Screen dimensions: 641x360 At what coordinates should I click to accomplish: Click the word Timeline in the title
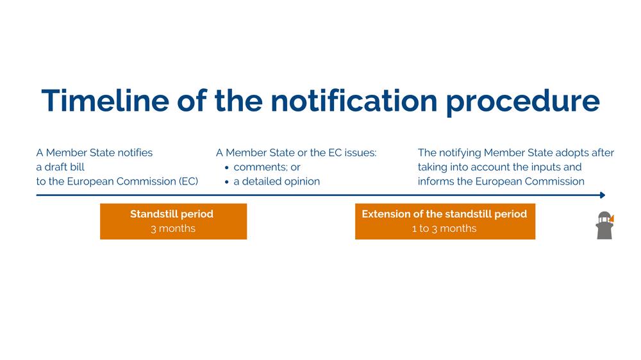(x=105, y=101)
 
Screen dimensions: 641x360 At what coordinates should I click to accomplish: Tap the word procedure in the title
(x=523, y=102)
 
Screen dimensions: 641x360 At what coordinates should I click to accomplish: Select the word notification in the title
(x=354, y=101)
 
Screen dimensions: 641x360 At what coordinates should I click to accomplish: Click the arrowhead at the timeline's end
(x=603, y=195)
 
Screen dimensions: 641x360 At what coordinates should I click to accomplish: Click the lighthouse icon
(x=604, y=225)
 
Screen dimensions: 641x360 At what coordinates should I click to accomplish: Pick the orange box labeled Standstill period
(x=173, y=221)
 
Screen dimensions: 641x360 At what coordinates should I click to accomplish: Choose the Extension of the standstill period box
(x=445, y=221)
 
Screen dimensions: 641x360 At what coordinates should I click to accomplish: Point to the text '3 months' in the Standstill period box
(x=173, y=229)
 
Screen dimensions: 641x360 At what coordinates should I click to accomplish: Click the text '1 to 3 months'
(x=444, y=229)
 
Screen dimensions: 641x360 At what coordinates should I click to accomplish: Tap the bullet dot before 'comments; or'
(x=227, y=168)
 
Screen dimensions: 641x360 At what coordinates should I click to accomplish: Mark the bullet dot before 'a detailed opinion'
(x=227, y=182)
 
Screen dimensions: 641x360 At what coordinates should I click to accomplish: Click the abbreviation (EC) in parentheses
(x=188, y=181)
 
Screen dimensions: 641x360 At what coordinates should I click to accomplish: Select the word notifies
(x=135, y=153)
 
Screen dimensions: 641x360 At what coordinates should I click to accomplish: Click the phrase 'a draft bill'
(x=60, y=167)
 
